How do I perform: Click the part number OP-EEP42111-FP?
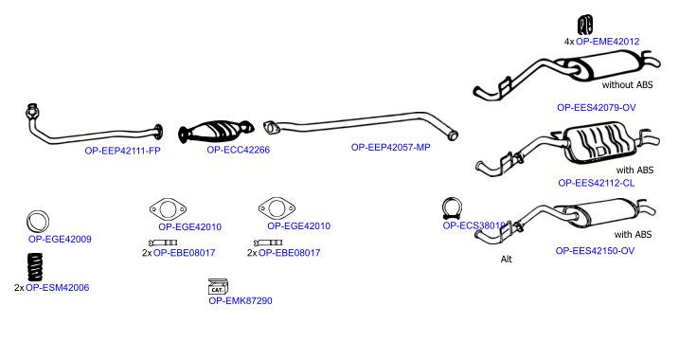(122, 152)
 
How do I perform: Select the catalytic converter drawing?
(216, 131)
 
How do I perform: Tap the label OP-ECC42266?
(238, 150)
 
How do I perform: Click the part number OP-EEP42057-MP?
(390, 147)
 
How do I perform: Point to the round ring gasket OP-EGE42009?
(37, 222)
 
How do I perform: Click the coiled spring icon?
(35, 266)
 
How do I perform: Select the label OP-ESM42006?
(58, 287)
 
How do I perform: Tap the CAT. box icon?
(218, 286)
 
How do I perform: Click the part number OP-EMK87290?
(241, 300)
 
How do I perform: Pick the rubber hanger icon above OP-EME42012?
(585, 25)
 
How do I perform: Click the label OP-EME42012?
(608, 42)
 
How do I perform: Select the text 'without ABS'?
(627, 85)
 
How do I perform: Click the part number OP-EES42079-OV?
(597, 107)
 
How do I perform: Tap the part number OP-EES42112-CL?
(597, 183)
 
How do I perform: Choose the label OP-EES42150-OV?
(595, 251)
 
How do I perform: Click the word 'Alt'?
(507, 259)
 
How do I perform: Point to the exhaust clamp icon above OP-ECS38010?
(452, 208)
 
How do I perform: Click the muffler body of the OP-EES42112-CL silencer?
(602, 145)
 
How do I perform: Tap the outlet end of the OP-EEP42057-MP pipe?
(452, 135)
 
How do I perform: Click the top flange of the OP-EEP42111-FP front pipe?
(31, 111)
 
